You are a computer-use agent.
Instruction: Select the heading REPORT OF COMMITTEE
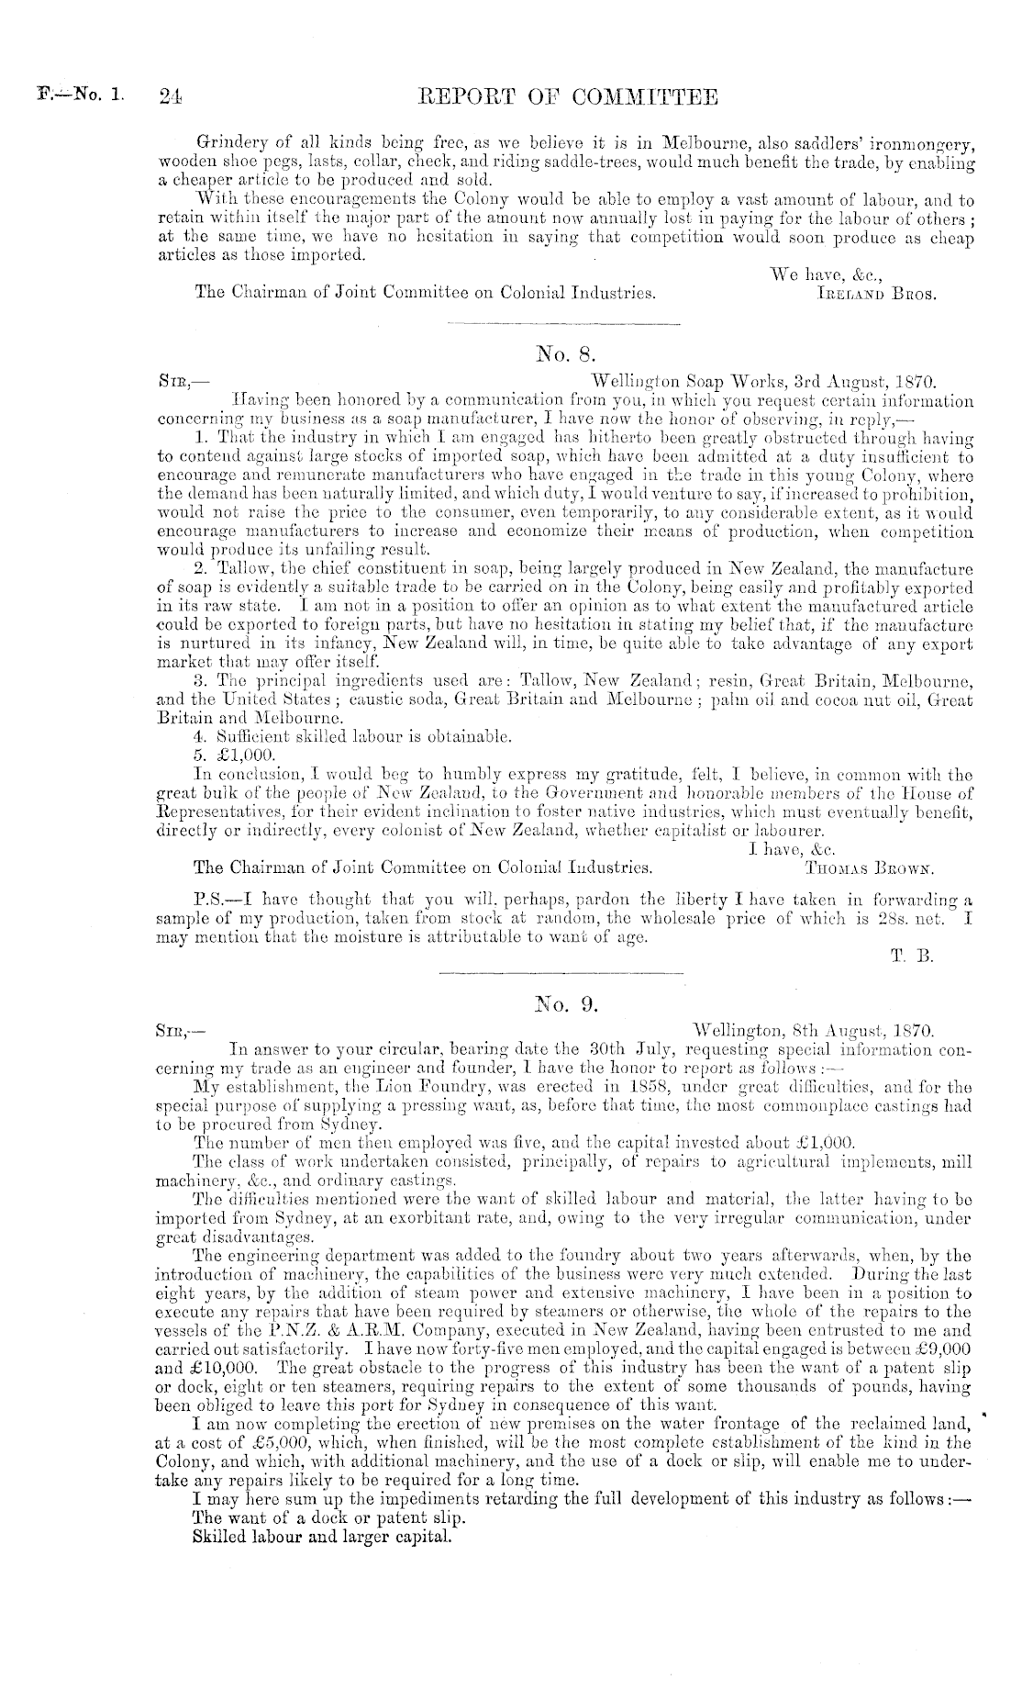tap(567, 96)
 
